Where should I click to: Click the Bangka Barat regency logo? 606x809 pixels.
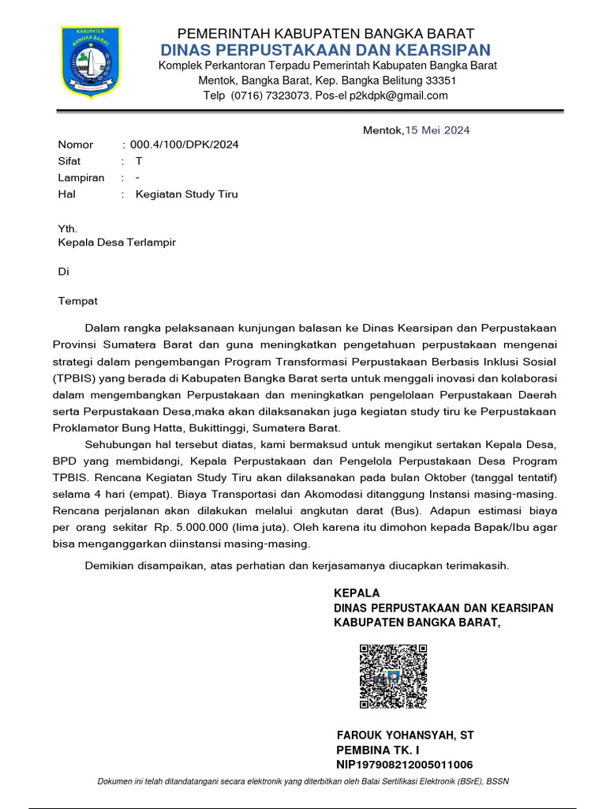[91, 63]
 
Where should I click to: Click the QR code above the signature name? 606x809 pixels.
[394, 676]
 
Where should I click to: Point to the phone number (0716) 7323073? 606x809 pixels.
[265, 96]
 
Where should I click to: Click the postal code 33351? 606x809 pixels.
[440, 81]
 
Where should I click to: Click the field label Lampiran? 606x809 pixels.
[81, 178]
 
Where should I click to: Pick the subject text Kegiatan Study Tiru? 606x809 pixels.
[187, 194]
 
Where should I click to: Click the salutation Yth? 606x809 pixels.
[69, 229]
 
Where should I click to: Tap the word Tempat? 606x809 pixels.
[78, 301]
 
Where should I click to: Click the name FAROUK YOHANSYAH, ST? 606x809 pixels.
[405, 735]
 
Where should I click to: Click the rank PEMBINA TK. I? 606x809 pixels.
[378, 750]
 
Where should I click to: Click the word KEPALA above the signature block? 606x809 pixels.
[357, 593]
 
